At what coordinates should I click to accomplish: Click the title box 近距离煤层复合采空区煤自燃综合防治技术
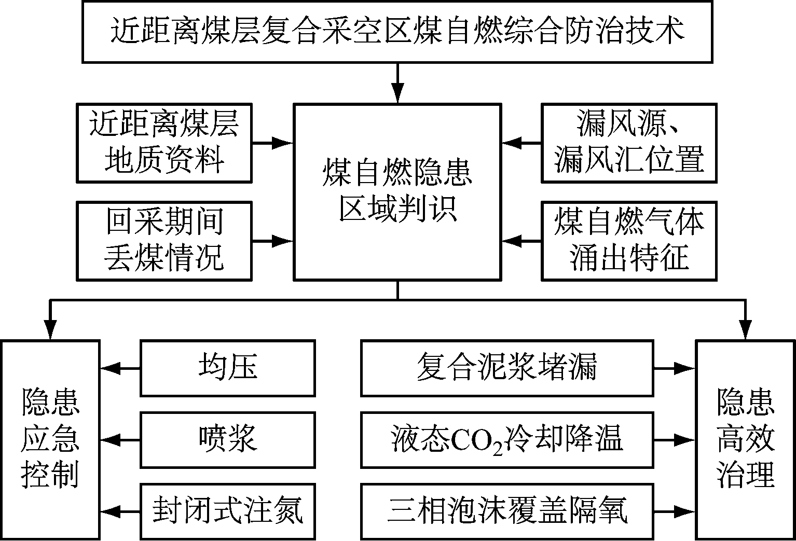click(397, 32)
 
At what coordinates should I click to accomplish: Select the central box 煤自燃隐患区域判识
click(397, 192)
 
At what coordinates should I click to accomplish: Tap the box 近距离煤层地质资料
click(164, 143)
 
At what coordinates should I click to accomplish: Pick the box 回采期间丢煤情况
click(164, 241)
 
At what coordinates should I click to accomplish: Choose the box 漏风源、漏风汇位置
click(629, 143)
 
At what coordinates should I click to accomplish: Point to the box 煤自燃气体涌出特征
click(629, 241)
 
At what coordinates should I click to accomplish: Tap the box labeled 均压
click(228, 368)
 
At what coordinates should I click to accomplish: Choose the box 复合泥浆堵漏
click(506, 368)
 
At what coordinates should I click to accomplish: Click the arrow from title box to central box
click(397, 83)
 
